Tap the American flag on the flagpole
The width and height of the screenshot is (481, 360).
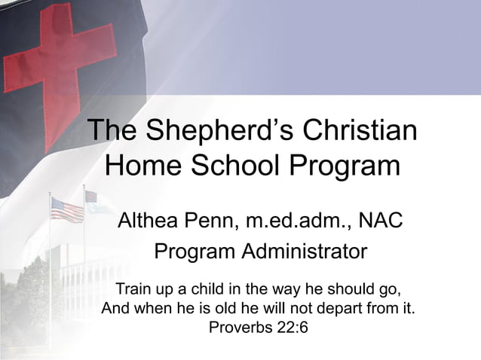(x=67, y=209)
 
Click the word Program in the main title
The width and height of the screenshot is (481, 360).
(x=346, y=166)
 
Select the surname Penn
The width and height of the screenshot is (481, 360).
(x=219, y=222)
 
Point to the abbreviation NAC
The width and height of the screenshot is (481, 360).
(x=381, y=222)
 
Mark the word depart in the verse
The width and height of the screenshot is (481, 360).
(x=346, y=308)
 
